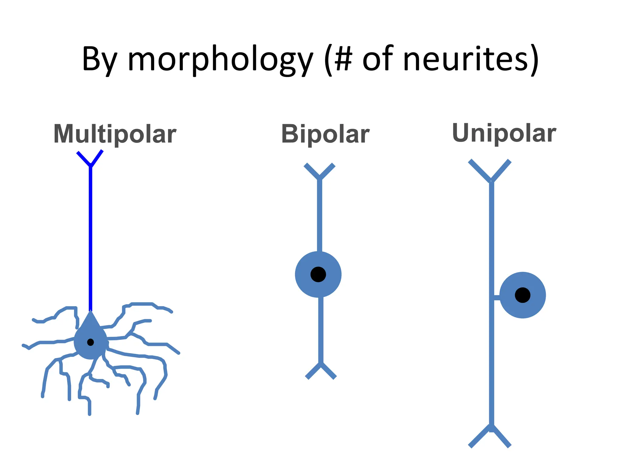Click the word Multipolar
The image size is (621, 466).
tap(115, 134)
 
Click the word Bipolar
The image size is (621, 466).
tap(325, 134)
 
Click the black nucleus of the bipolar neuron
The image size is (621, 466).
tap(318, 274)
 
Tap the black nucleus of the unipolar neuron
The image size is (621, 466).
tap(522, 295)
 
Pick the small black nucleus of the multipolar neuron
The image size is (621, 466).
tap(90, 342)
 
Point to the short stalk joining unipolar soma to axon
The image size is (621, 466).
tap(497, 298)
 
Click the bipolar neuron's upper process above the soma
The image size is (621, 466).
tap(319, 215)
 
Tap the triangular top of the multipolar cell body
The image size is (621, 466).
tap(90, 320)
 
